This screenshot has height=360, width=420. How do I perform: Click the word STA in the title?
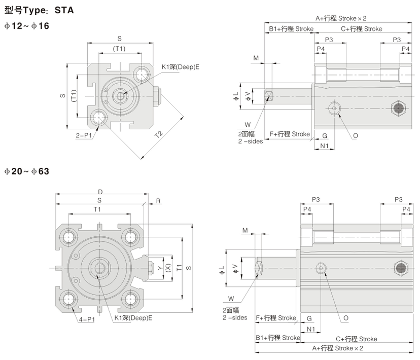64,10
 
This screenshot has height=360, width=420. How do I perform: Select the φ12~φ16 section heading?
26,25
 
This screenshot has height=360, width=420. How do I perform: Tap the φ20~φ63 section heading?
26,171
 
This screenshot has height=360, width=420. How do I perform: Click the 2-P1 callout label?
84,135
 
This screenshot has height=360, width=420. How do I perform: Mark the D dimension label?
100,192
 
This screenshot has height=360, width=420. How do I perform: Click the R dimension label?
158,201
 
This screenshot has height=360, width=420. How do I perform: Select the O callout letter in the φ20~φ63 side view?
345,319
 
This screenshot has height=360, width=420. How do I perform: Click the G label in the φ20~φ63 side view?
309,318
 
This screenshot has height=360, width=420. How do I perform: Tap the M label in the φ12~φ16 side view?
256,58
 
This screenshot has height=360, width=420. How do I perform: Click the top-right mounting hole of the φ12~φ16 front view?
141,75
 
